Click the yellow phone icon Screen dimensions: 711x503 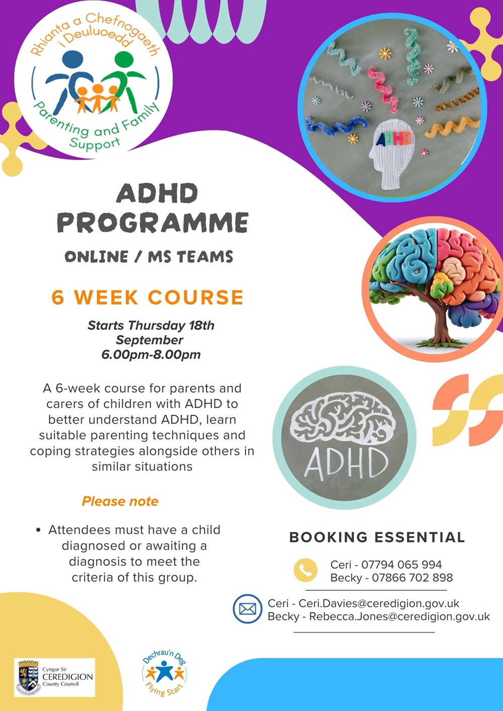click(305, 570)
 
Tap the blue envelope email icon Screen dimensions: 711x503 click(247, 609)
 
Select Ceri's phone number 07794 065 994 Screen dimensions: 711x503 click(401, 565)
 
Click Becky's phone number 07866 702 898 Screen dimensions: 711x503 click(412, 578)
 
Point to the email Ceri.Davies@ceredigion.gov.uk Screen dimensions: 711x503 click(379, 603)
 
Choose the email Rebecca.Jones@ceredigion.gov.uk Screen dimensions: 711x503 click(399, 616)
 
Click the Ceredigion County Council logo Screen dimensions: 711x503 click(54, 677)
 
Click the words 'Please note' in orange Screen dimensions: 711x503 click(120, 501)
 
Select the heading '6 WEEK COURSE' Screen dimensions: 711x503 click(147, 297)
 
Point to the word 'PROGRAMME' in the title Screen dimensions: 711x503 click(152, 223)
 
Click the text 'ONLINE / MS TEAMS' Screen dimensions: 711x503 click(149, 257)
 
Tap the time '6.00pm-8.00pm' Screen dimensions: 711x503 click(151, 354)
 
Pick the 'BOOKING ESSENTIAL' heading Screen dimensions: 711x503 click(377, 537)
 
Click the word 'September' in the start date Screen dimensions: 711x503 click(149, 340)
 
